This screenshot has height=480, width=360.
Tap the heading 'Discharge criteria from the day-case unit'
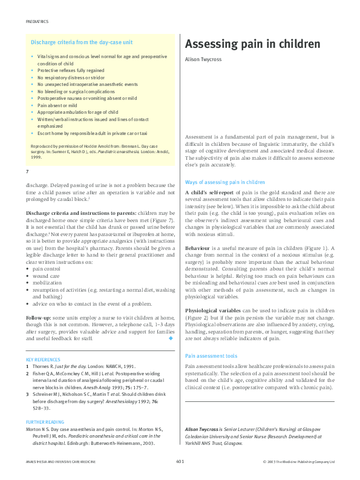82,42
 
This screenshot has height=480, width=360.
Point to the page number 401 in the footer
180,461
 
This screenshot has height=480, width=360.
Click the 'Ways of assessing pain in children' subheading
224,182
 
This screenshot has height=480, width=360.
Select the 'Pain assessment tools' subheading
211,356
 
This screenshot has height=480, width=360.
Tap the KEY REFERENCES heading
44,360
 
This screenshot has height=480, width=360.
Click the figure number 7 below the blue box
28,173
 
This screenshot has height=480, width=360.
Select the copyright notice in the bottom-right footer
299,461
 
